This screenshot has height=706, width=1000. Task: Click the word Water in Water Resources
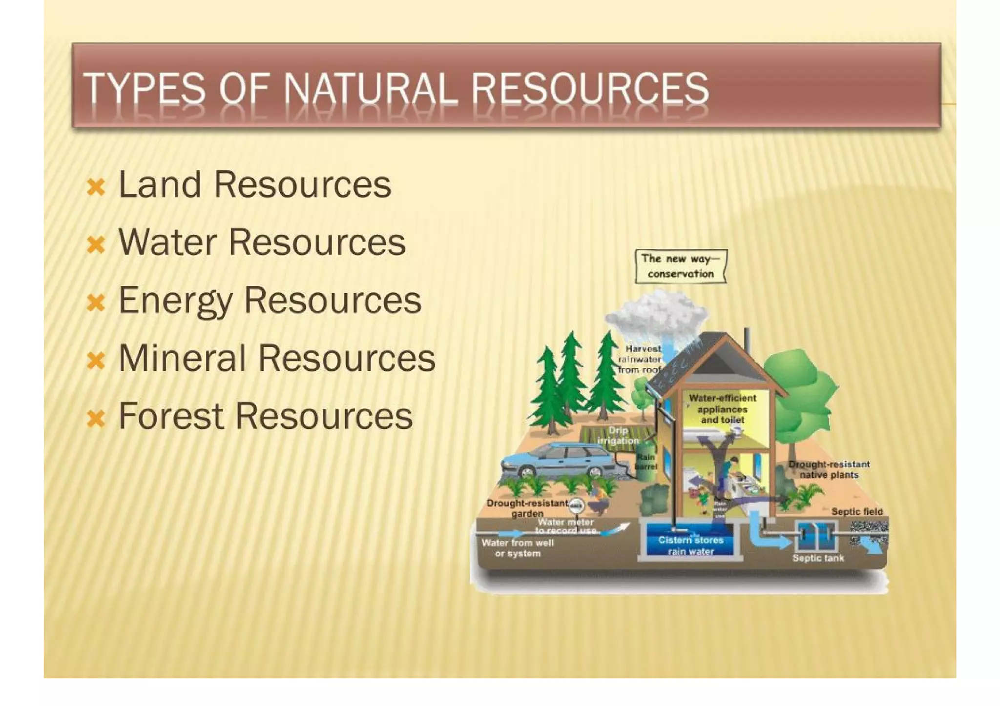(x=167, y=242)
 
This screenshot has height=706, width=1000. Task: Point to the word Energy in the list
(x=175, y=301)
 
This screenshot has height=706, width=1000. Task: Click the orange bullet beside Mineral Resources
(x=96, y=360)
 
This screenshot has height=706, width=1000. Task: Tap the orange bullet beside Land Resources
(x=96, y=187)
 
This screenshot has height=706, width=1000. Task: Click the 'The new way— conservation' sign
(x=681, y=266)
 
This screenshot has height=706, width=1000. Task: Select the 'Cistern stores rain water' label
(x=690, y=545)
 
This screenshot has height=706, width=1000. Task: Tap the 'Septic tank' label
(x=818, y=558)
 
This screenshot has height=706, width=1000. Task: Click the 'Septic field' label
(x=857, y=511)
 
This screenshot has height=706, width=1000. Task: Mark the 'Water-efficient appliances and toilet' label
(x=722, y=408)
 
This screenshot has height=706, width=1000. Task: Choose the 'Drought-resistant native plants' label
(x=829, y=469)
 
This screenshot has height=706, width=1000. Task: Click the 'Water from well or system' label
(x=518, y=547)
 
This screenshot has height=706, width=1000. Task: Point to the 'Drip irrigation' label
(x=618, y=435)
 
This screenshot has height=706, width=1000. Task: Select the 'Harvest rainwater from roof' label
(x=640, y=359)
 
